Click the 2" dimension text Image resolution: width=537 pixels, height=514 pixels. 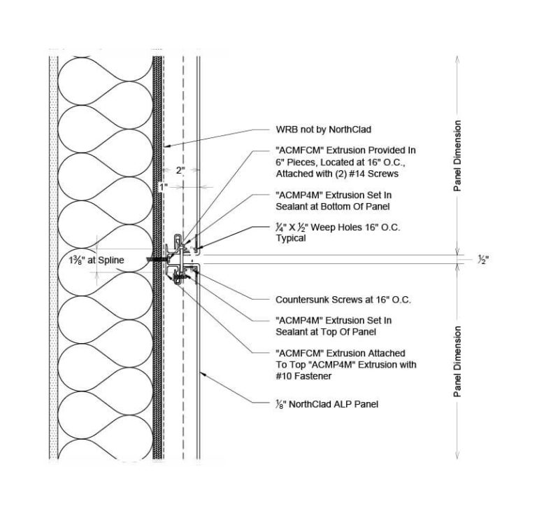180,170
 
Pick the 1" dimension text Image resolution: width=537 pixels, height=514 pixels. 163,187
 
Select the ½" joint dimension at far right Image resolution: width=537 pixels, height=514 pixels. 482,259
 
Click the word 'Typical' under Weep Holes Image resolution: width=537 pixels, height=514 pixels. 292,239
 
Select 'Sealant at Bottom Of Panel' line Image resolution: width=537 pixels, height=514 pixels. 332,208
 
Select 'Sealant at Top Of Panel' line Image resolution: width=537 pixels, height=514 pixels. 326,331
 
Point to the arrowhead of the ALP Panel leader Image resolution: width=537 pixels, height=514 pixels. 199,370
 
